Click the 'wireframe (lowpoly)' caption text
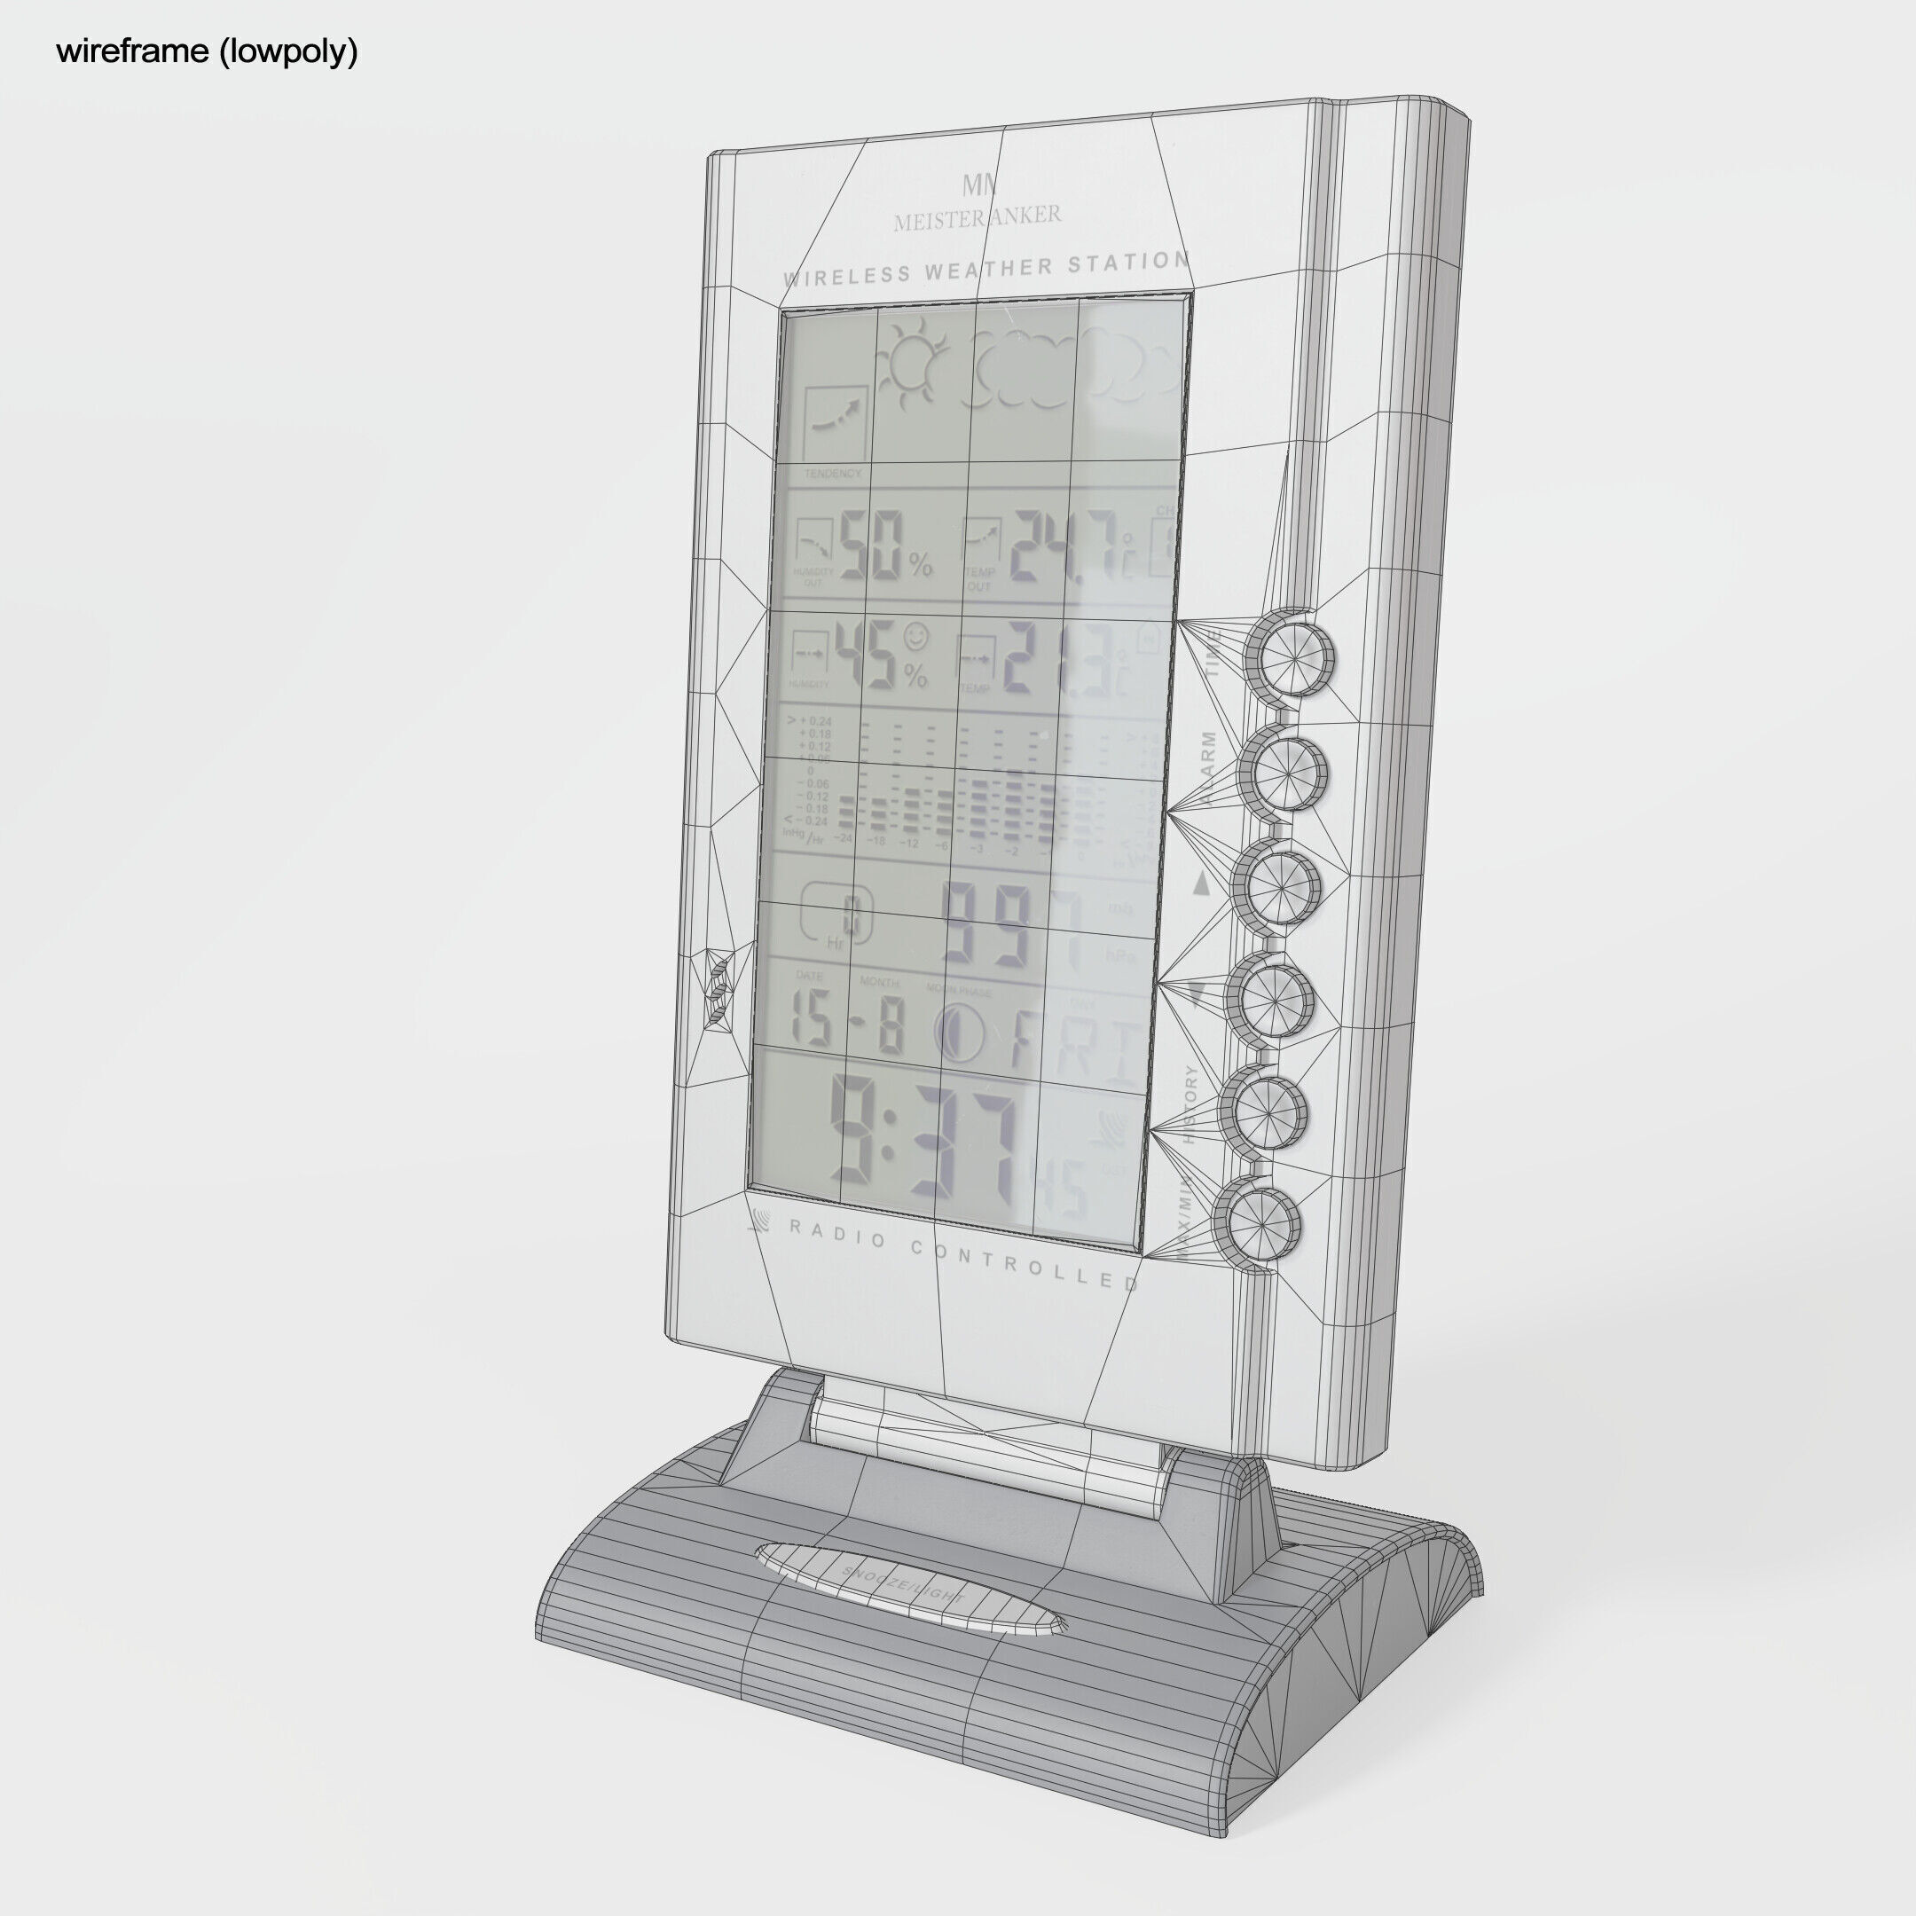pos(207,51)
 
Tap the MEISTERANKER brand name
pos(977,217)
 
